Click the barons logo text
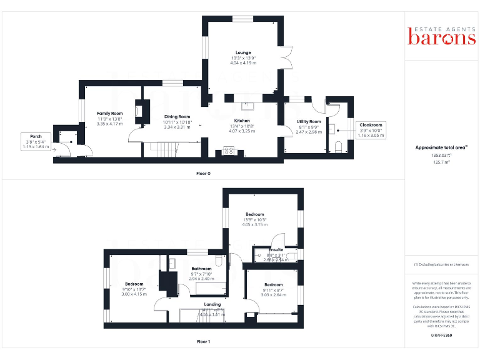pos(442,38)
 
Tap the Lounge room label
pos(243,52)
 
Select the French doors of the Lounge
pos(288,58)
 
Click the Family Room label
pos(109,113)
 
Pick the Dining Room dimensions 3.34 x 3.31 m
pos(177,127)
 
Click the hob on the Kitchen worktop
pos(228,150)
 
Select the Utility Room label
pos(308,121)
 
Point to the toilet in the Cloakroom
pos(339,146)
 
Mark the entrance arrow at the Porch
pos(56,149)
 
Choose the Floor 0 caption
pos(203,172)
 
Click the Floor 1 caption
pos(203,342)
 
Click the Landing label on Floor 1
pos(204,304)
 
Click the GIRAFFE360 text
pos(441,336)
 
